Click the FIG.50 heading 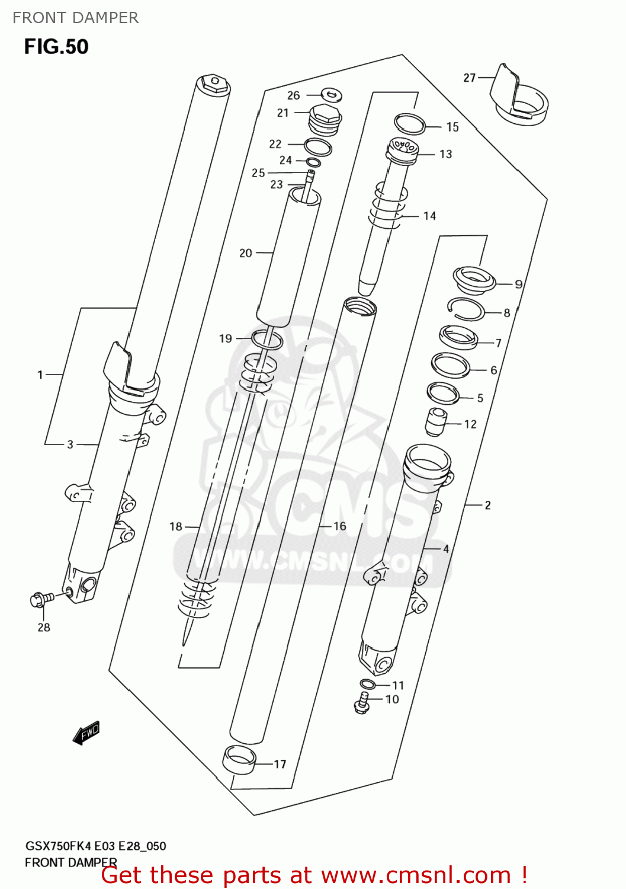(56, 47)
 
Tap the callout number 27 (469, 78)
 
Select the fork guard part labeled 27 (518, 98)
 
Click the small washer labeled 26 (332, 94)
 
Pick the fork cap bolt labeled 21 (325, 118)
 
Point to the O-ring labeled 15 (410, 124)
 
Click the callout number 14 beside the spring (429, 216)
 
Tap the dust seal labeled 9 (473, 278)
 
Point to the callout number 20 (245, 253)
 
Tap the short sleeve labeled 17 (239, 760)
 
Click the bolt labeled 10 (362, 703)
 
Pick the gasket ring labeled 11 (367, 685)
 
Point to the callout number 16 (339, 526)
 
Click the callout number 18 (176, 526)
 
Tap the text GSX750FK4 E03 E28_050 (95, 846)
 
